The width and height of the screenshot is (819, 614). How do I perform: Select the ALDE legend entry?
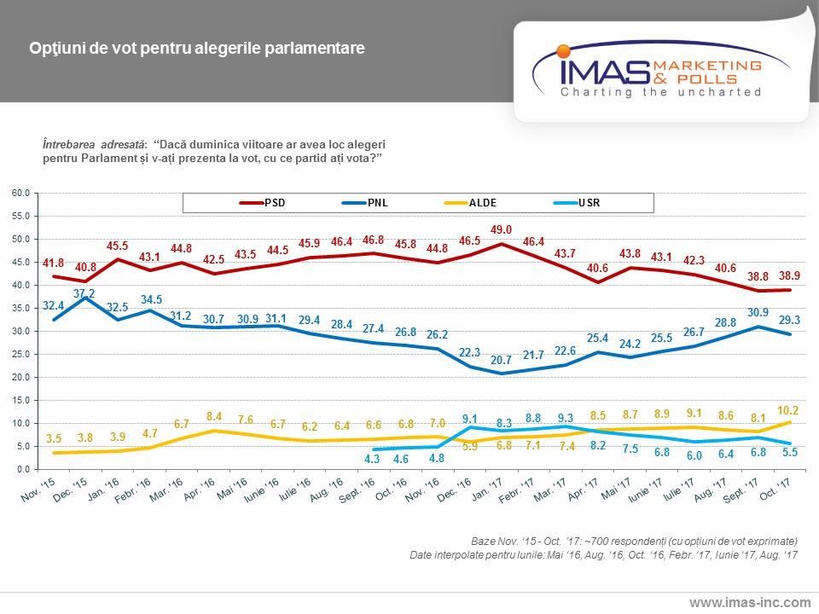tap(483, 203)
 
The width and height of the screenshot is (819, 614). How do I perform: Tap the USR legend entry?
tap(594, 203)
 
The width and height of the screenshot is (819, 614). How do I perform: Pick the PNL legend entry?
tap(377, 203)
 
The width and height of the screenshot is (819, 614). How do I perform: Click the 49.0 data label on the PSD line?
tap(502, 229)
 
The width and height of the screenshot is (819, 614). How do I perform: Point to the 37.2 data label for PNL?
tap(84, 293)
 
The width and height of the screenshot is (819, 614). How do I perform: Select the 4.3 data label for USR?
tap(372, 460)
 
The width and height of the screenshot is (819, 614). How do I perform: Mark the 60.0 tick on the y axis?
tap(20, 193)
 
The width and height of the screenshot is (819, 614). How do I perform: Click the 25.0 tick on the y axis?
tap(20, 354)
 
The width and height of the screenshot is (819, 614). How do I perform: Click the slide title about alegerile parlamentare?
tap(197, 49)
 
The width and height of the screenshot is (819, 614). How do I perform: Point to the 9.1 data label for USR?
tap(470, 419)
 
